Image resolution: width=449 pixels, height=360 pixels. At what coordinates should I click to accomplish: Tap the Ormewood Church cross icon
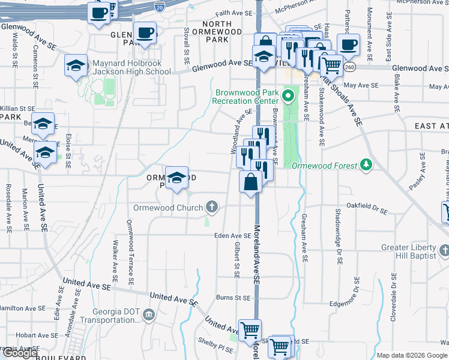[211, 208]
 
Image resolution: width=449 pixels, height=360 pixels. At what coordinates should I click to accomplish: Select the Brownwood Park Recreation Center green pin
[289, 95]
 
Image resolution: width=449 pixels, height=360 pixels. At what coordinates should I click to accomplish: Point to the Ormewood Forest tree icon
[366, 165]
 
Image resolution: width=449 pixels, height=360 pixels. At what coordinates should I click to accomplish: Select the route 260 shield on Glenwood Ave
[349, 67]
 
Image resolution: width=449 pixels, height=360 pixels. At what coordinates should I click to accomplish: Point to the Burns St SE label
[233, 297]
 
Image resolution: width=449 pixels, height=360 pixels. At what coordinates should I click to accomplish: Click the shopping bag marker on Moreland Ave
[250, 182]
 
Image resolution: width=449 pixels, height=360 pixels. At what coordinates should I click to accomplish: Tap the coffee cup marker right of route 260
[348, 44]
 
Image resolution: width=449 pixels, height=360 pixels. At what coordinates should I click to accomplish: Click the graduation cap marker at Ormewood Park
[177, 178]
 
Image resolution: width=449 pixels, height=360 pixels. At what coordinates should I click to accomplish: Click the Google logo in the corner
[20, 353]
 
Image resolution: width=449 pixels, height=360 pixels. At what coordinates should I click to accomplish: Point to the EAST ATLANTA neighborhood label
[432, 126]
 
